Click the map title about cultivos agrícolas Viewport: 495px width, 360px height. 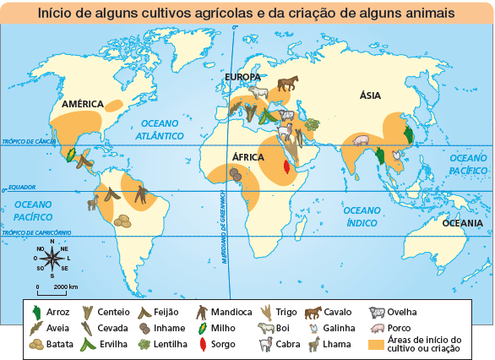point(247,14)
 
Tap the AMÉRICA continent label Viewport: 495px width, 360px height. point(84,104)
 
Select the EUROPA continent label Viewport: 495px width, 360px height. point(242,78)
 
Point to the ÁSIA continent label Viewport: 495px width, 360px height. point(369,96)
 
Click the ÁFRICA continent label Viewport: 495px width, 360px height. point(247,157)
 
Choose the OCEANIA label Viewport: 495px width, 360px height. point(461,223)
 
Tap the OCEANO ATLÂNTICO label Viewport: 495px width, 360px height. point(160,129)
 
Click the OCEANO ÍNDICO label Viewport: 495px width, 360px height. point(366,216)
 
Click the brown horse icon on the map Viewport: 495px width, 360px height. point(288,83)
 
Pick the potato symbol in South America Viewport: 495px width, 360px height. point(123,221)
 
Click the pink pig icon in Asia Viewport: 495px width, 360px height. point(361,140)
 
